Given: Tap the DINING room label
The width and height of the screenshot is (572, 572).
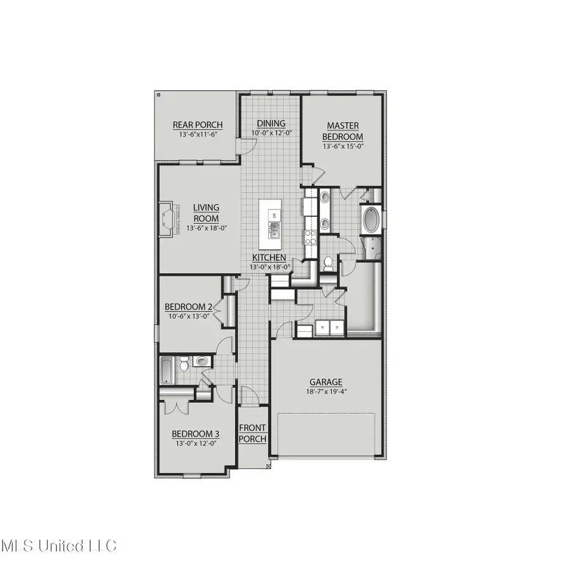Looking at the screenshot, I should coord(271,123).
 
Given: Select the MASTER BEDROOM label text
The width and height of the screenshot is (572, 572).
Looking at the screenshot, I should coord(343,132).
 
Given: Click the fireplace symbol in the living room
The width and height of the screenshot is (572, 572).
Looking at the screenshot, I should coord(168,219).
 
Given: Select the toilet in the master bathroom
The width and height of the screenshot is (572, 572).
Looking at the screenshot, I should coord(329,261).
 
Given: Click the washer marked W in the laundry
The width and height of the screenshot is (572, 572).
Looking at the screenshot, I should coord(322,328).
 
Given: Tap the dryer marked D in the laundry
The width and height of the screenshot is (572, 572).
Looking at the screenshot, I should coord(337,328).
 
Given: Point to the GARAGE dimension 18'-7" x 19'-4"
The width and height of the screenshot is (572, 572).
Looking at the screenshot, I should coord(325,392).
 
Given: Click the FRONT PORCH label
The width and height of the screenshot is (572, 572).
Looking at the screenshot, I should coord(252,433).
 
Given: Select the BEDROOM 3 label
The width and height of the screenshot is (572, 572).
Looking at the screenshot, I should coord(195,433).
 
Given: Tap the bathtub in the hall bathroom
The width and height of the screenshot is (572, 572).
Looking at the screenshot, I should coord(167,371).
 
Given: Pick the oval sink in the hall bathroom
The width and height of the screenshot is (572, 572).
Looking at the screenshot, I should coord(201,362).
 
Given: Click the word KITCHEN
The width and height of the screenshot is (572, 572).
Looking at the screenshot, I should coord(269,257).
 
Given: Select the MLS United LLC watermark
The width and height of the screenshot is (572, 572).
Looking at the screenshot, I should coord(58,545).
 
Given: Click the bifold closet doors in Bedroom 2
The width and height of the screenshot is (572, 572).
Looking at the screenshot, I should coord(218,310).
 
